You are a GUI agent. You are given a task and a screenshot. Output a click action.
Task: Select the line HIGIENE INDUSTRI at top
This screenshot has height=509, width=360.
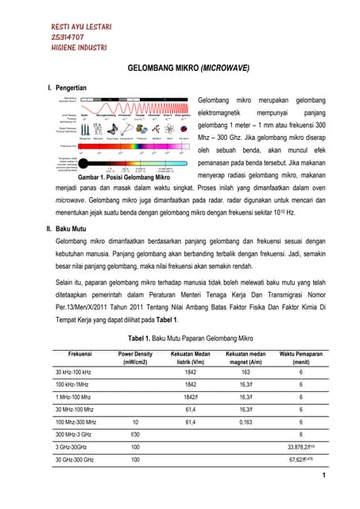click(x=76, y=50)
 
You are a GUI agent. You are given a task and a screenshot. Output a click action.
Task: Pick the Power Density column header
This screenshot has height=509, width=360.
click(x=135, y=357)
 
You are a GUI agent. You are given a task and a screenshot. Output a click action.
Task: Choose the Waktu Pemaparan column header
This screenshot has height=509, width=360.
click(x=301, y=357)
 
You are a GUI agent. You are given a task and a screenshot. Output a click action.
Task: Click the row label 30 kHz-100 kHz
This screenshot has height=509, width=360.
click(x=73, y=372)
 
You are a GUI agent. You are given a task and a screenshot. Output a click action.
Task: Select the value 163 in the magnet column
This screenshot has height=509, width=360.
click(x=246, y=372)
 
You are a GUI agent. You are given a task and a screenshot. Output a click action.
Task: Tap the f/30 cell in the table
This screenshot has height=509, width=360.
click(x=135, y=434)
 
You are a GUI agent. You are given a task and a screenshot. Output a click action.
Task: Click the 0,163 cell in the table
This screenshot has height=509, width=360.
click(x=246, y=422)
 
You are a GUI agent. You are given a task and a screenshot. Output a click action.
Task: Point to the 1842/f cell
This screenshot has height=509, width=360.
click(x=191, y=397)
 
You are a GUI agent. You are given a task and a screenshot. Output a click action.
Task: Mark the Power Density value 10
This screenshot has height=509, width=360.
click(x=135, y=422)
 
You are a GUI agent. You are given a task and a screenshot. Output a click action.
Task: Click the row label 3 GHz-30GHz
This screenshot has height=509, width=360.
click(x=74, y=447)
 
